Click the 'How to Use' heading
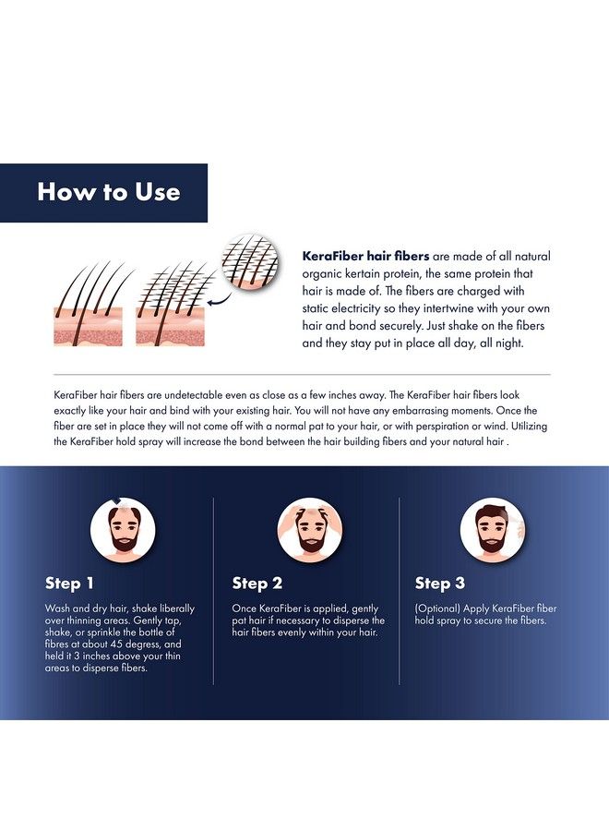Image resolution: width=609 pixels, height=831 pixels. (109, 191)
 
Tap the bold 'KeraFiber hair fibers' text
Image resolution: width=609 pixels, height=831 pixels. (365, 256)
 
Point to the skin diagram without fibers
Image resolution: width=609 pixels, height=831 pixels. (89, 304)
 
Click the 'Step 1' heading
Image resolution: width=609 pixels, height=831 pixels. (69, 583)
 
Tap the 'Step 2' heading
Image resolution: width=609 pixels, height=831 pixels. (257, 583)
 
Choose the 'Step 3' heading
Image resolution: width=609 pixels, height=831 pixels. (440, 583)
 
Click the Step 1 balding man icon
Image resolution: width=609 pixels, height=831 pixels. (123, 529)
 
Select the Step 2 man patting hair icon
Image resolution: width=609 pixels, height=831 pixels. (310, 529)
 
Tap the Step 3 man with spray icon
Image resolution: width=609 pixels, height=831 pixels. (493, 529)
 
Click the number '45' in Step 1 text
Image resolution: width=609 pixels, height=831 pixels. (117, 644)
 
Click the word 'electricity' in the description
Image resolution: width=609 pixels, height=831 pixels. (356, 307)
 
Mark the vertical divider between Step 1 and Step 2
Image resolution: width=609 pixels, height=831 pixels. (213, 591)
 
